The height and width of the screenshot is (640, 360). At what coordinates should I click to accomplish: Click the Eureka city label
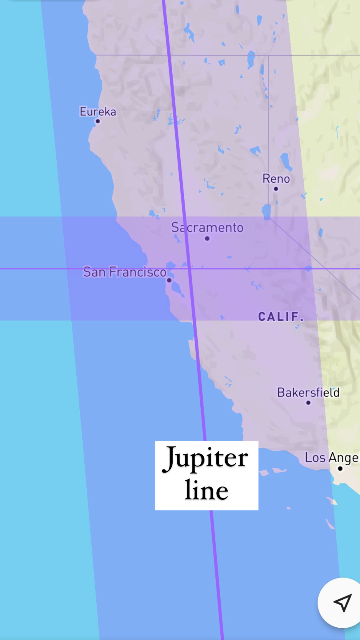[x=98, y=111]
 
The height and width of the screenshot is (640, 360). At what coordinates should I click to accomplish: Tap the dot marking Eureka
[x=98, y=121]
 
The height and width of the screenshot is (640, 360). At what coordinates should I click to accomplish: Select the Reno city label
[x=276, y=179]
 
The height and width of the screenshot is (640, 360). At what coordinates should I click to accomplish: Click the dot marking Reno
[x=276, y=189]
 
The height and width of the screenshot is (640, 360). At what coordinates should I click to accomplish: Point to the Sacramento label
[x=207, y=228]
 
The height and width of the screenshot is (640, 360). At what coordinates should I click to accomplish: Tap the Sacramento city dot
[x=207, y=238]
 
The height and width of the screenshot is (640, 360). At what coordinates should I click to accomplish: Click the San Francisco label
[x=125, y=272]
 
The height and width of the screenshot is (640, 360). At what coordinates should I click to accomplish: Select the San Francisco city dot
[x=169, y=280]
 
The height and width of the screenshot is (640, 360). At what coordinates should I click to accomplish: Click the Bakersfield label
[x=308, y=393]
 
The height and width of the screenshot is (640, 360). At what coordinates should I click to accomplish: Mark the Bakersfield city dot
[x=308, y=403]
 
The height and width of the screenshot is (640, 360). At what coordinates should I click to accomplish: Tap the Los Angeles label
[x=332, y=458]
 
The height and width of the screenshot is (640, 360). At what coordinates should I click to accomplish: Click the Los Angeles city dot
[x=340, y=469]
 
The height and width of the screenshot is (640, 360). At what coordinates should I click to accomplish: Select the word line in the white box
[x=206, y=490]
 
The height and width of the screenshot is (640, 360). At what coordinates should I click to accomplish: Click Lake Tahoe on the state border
[x=266, y=212]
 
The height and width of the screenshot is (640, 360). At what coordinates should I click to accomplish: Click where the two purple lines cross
[x=190, y=269]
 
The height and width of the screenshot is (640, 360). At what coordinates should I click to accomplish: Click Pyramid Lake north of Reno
[x=286, y=161]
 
